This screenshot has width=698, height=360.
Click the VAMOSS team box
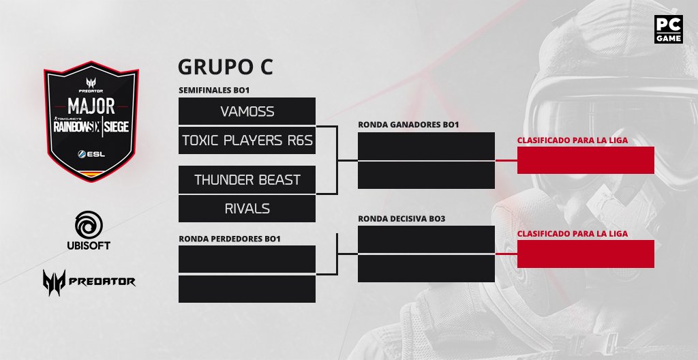[247, 111]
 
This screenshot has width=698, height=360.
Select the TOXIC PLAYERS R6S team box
[247, 140]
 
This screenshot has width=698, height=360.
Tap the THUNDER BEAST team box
[247, 179]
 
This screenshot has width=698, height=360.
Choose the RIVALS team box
[247, 208]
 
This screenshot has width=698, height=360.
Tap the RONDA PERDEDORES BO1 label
[229, 239]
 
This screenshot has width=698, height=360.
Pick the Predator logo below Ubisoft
[89, 280]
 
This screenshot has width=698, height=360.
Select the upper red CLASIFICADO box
[586, 160]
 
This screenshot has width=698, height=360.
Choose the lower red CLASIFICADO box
[586, 254]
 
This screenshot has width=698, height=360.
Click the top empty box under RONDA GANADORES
[426, 146]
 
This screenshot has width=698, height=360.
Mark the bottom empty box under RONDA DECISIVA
[426, 268]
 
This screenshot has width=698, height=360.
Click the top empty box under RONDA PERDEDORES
[247, 259]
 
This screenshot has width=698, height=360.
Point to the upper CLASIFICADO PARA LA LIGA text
[573, 140]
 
